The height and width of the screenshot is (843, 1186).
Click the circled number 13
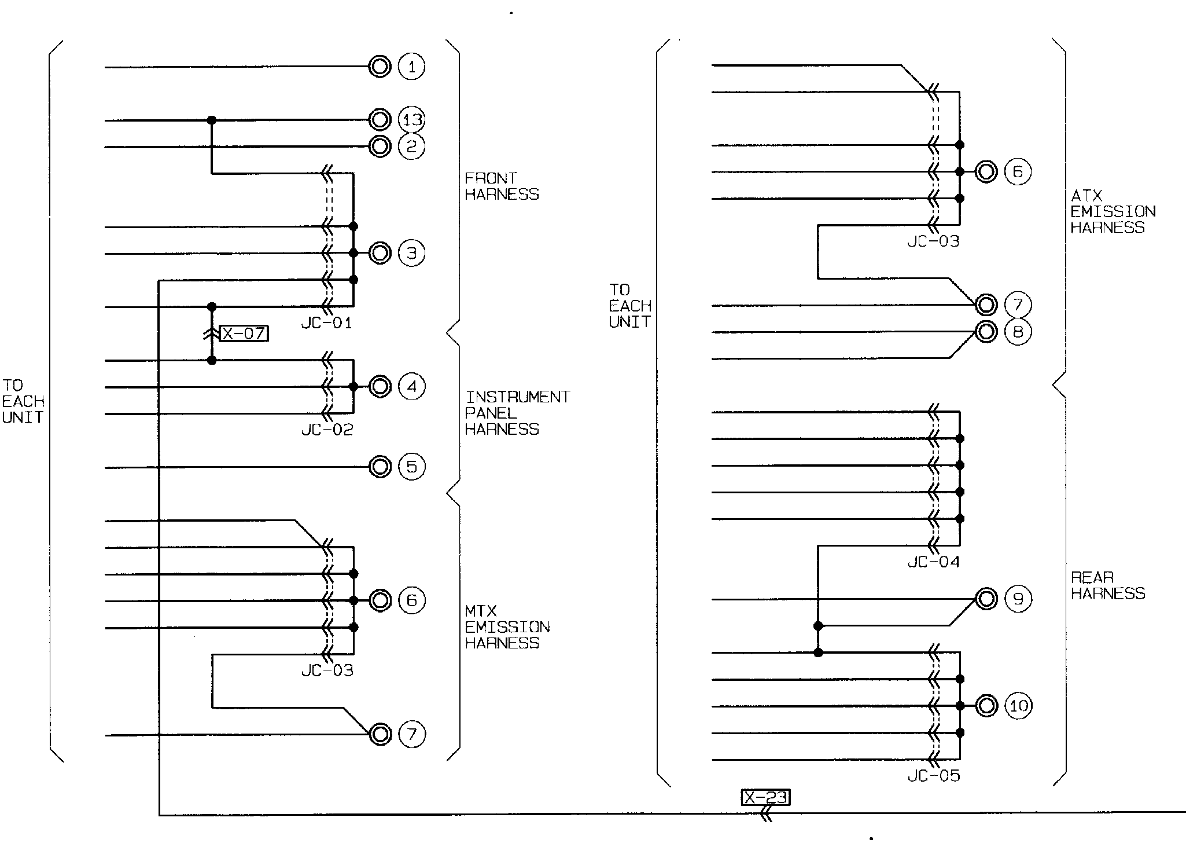[411, 120]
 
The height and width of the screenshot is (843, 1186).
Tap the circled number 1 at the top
[411, 67]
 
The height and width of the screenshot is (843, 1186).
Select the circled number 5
[411, 467]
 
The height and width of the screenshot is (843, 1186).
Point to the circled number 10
[1018, 706]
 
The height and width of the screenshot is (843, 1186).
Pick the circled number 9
[1018, 599]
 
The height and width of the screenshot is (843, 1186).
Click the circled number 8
[1018, 332]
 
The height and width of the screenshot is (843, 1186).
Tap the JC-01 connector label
[327, 323]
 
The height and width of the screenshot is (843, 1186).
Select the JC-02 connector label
[327, 430]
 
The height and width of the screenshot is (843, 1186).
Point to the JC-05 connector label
[934, 776]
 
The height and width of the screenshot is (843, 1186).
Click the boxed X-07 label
[244, 333]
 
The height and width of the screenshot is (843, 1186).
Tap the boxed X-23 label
[765, 798]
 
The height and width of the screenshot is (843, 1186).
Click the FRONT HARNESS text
[502, 186]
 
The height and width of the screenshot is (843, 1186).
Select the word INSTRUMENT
[518, 397]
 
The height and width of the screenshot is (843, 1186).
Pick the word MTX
[481, 611]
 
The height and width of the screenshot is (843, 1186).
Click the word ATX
[1086, 196]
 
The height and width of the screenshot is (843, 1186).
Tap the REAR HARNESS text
[1108, 585]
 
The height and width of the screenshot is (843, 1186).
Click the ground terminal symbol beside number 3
[380, 253]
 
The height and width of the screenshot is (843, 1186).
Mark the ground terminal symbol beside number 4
[380, 386]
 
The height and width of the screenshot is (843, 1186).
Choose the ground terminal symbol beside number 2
[380, 146]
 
